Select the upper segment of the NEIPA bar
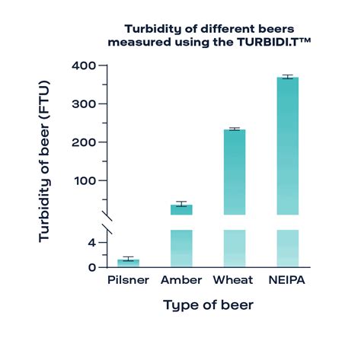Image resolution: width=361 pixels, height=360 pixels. (x=287, y=145)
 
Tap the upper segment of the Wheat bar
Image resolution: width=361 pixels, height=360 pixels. (x=235, y=171)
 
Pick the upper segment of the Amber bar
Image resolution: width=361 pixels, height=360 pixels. (x=181, y=209)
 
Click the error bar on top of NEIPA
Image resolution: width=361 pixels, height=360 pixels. (x=287, y=77)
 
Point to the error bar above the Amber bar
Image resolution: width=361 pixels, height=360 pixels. (x=181, y=203)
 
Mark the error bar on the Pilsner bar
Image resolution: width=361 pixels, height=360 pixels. (x=128, y=259)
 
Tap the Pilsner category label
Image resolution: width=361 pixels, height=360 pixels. (x=128, y=281)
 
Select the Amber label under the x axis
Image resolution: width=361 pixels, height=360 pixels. (x=181, y=281)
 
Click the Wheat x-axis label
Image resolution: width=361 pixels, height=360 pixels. (x=234, y=281)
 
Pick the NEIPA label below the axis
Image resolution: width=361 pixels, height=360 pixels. (x=287, y=281)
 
